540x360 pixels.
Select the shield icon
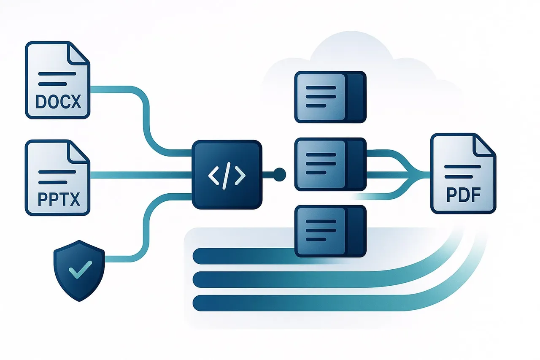click(79, 270)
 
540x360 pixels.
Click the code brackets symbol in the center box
click(227, 175)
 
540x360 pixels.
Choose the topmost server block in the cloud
click(330, 97)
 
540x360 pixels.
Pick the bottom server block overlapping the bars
click(330, 231)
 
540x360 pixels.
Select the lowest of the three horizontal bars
click(295, 303)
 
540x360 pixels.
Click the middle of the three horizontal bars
click(295, 279)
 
